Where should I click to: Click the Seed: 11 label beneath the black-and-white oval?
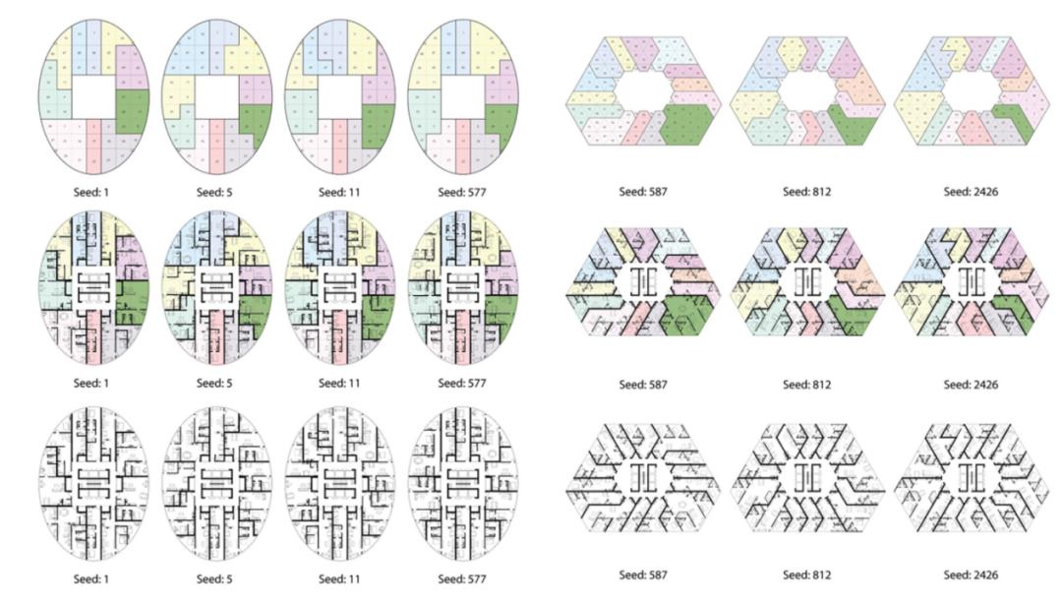339,579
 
